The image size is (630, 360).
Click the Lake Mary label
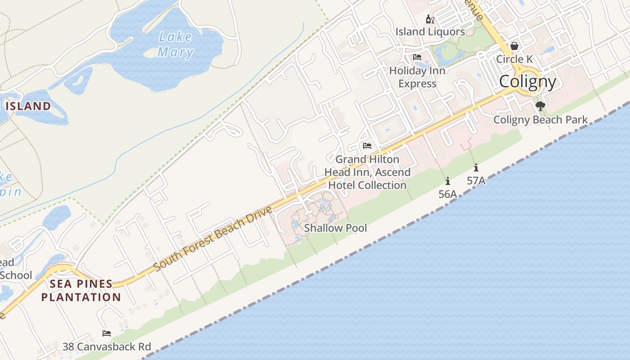point(175,45)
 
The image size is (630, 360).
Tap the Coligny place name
point(527,81)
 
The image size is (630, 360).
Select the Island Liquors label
point(430,31)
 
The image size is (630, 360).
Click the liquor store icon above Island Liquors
point(430,19)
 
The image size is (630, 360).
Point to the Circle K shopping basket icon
point(514,46)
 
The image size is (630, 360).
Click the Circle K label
point(514,59)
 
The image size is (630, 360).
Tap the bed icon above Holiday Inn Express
point(417,57)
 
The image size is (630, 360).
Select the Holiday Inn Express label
point(417,77)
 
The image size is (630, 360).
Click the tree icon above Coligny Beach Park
point(540,106)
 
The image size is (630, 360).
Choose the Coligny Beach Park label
point(540,119)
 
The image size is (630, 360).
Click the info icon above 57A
point(476,168)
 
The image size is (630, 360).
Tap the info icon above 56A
point(447,181)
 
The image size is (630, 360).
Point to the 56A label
point(447,194)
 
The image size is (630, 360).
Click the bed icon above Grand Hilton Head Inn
point(367,146)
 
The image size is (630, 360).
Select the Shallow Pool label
point(335,228)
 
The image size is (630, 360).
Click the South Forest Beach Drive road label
point(213,238)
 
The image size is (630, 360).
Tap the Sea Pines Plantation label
point(81,290)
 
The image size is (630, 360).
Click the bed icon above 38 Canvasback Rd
point(107,333)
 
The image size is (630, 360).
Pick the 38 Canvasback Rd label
point(107,346)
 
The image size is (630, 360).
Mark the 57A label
point(476,180)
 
